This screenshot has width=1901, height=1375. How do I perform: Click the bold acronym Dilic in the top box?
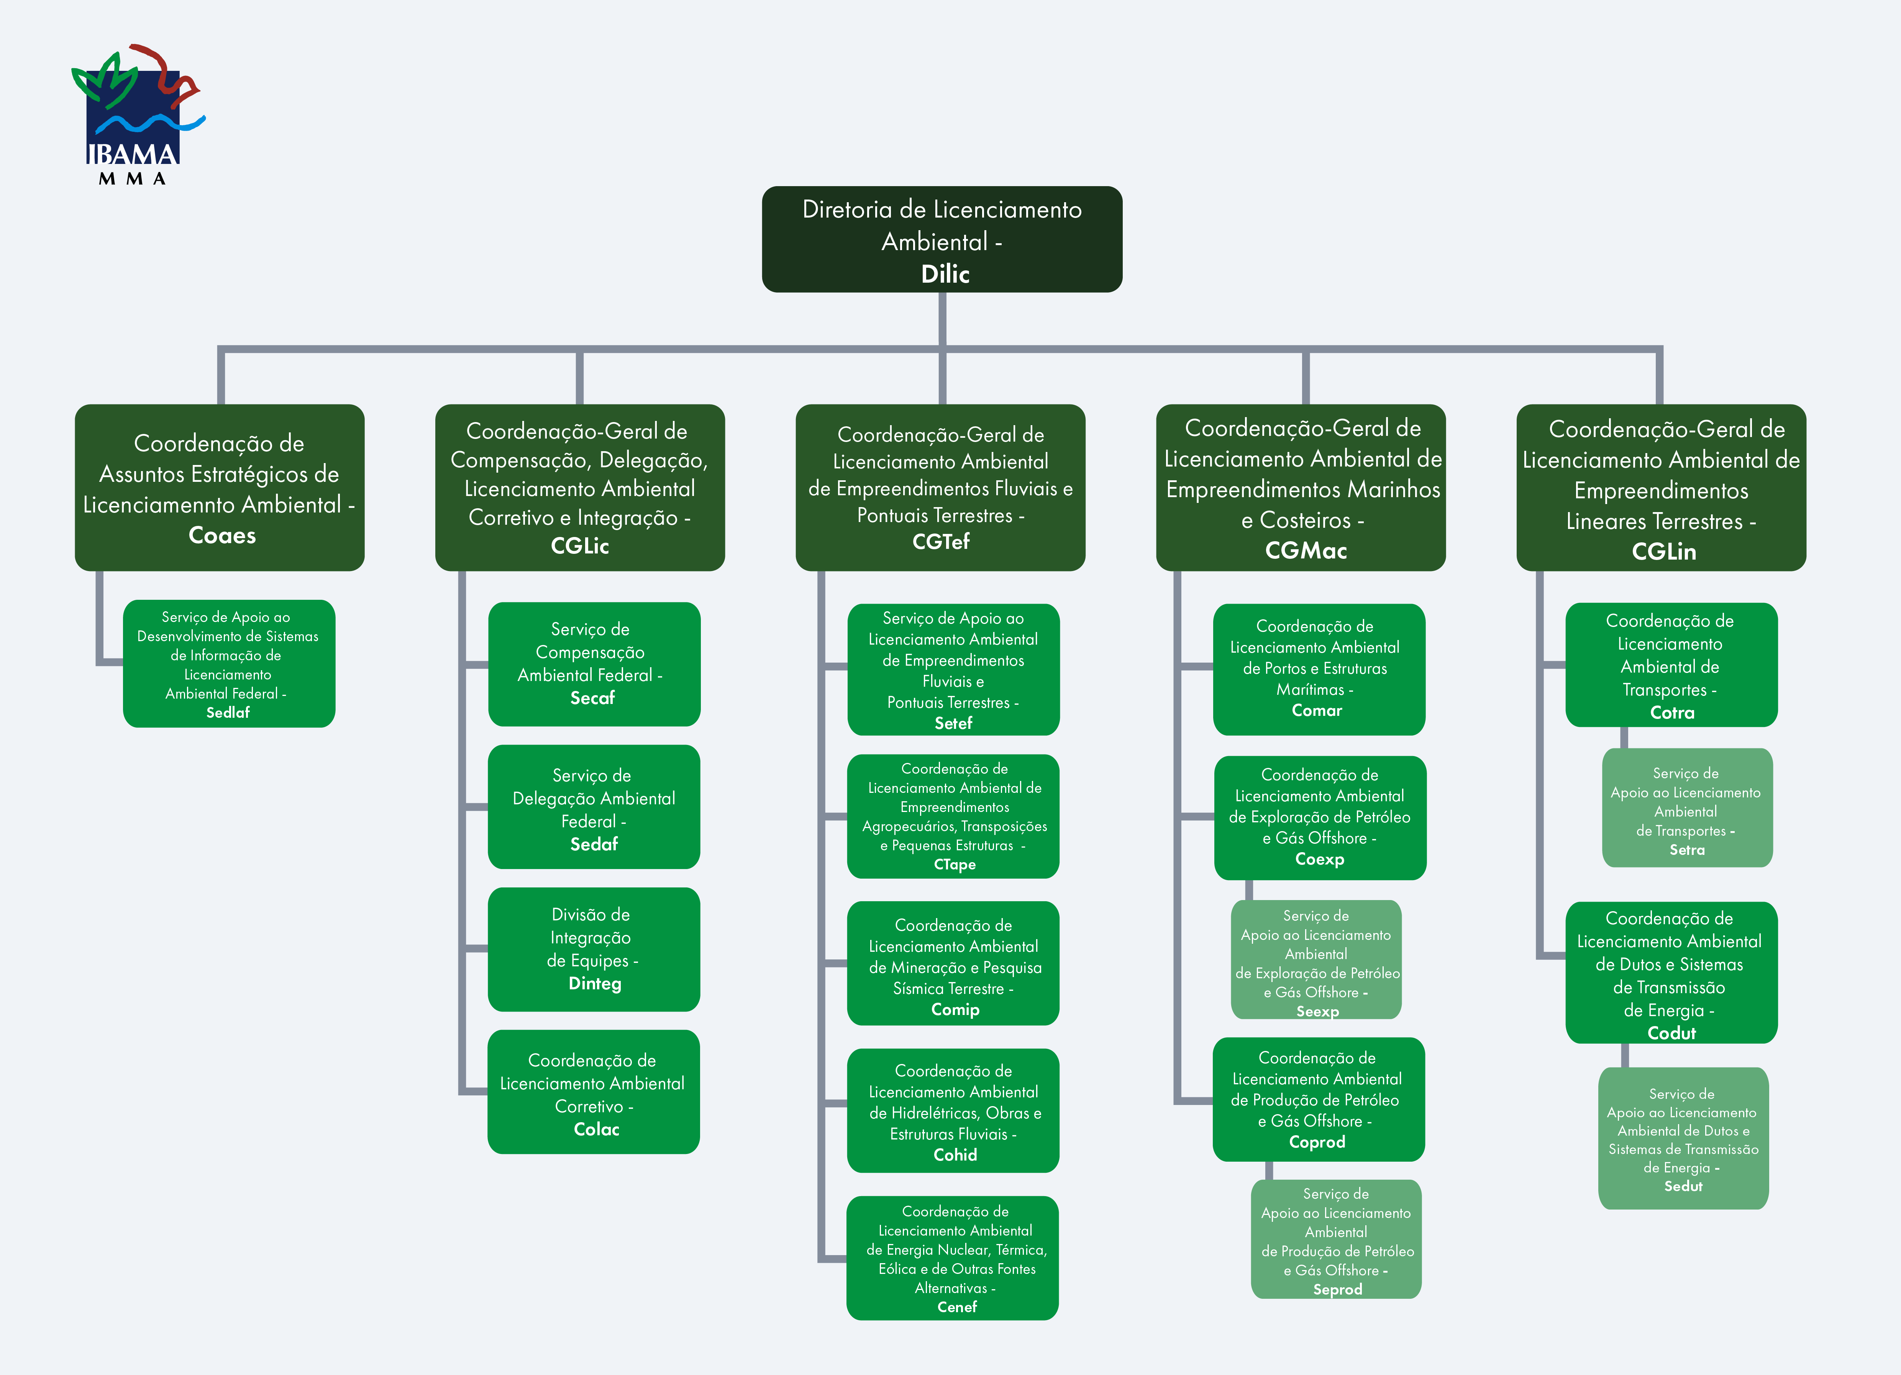[x=945, y=274]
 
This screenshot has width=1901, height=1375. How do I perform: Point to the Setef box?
[x=953, y=669]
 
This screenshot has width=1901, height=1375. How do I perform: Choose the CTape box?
[x=953, y=816]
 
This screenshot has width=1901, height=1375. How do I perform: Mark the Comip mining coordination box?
[x=953, y=964]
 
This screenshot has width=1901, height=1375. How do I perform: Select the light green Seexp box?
[x=1316, y=959]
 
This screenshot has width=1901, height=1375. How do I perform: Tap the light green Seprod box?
[x=1336, y=1239]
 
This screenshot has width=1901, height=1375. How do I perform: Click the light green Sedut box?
[x=1683, y=1138]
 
